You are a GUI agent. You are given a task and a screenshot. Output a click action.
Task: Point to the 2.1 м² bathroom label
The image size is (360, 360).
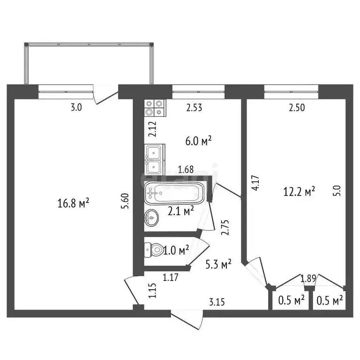[181, 212]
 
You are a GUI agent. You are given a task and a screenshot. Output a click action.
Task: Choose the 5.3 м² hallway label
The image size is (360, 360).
[219, 265]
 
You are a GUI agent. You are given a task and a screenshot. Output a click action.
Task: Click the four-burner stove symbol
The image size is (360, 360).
[154, 108]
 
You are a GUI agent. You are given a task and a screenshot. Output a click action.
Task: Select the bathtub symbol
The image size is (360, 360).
[174, 192]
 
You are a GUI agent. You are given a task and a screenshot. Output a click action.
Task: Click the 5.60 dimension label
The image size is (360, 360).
[125, 202]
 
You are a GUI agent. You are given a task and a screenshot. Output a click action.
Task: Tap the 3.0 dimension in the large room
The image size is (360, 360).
[76, 107]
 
